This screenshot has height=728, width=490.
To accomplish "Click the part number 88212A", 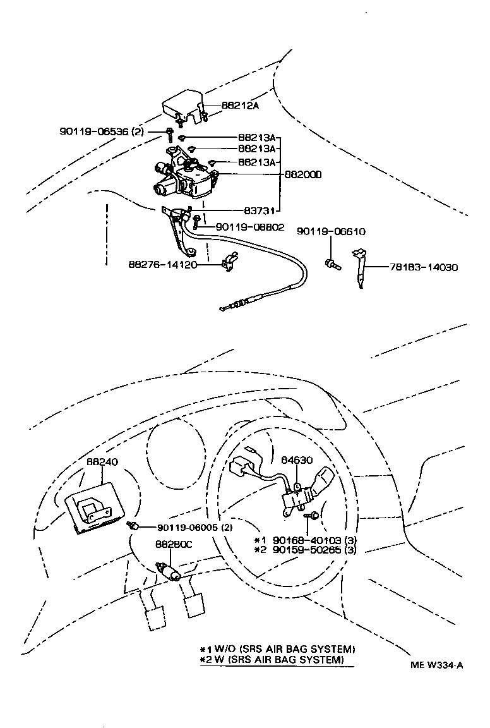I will coord(240,106).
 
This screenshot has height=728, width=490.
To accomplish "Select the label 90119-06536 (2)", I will coord(102,131).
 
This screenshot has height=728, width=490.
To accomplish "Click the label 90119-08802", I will coord(250,227).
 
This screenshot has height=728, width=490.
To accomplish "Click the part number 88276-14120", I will coord(163,265).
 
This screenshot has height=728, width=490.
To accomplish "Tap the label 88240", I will coord(102,463).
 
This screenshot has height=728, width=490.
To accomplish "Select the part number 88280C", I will coord(174,543).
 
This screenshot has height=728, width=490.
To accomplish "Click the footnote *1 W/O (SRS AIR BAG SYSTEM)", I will coord(278,649).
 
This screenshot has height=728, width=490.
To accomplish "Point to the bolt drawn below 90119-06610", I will coord(332,264).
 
